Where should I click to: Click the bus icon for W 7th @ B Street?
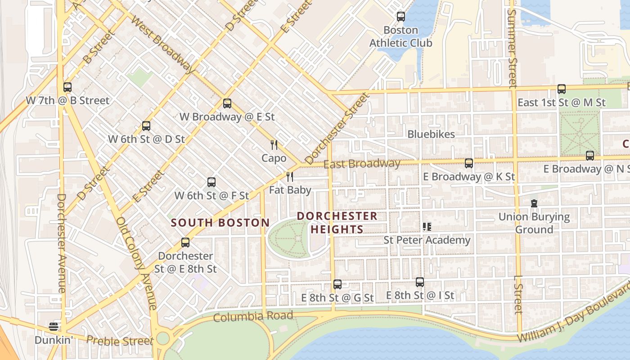point(67,87)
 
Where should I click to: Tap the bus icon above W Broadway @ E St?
point(227,103)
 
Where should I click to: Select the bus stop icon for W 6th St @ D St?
point(146,126)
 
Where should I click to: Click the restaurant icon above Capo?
point(274,145)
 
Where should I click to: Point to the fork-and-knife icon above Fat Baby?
point(290,177)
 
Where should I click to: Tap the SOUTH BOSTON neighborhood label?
point(220,223)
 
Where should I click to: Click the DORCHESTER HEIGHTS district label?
point(337,223)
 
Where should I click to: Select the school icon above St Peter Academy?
point(427,227)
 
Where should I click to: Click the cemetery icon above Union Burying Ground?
point(534,203)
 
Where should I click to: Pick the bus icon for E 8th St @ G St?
point(337,284)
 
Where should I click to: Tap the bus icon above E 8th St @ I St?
point(420,282)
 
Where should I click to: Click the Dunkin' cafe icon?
point(54,327)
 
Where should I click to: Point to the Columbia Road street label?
point(253,316)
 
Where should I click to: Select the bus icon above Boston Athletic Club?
point(400,17)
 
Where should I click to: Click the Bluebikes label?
point(431,134)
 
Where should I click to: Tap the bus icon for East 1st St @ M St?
point(562,89)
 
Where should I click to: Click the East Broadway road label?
point(362,164)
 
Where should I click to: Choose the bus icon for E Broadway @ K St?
point(469,163)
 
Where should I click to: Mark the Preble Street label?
point(120,341)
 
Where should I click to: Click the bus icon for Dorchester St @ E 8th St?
point(185,243)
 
